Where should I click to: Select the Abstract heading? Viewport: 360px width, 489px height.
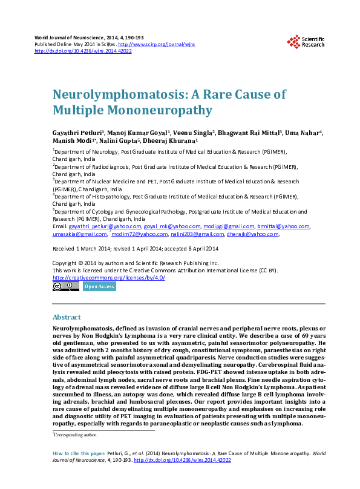[x=67, y=317]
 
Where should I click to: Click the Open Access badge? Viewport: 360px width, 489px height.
[x=99, y=286]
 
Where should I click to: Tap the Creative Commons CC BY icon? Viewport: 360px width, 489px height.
[x=65, y=286]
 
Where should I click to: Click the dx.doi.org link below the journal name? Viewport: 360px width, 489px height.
[x=83, y=51]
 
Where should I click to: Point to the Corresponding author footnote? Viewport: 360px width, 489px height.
[x=74, y=435]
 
